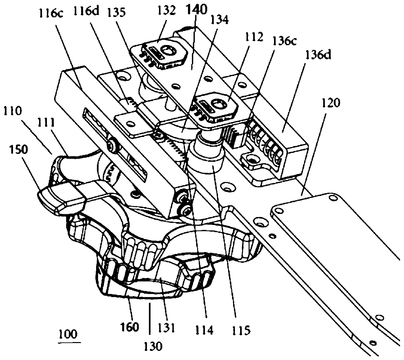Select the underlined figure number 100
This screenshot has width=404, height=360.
[69, 335]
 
